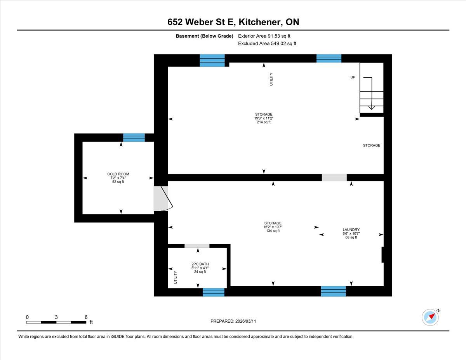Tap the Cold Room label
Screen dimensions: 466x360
(118, 174)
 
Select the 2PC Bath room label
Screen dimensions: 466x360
(200, 264)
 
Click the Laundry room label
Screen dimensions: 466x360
(351, 230)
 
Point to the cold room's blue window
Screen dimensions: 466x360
(134, 137)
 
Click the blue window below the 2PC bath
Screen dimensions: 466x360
(213, 292)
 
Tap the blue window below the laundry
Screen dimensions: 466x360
(333, 291)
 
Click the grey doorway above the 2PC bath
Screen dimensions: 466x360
(197, 246)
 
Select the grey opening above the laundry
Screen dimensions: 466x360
(334, 177)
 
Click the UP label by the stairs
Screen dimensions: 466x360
(353, 77)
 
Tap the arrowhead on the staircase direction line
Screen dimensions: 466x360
(371, 108)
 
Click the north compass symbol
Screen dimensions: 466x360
(430, 317)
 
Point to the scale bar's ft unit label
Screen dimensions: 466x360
(91, 322)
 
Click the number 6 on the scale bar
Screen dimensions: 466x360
(86, 317)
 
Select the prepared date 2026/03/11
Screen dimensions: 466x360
(245, 321)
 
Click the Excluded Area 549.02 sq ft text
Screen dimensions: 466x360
(267, 43)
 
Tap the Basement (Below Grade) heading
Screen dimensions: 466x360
(204, 36)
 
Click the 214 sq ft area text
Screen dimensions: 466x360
(264, 122)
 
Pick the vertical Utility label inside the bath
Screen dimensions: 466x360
(176, 277)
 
